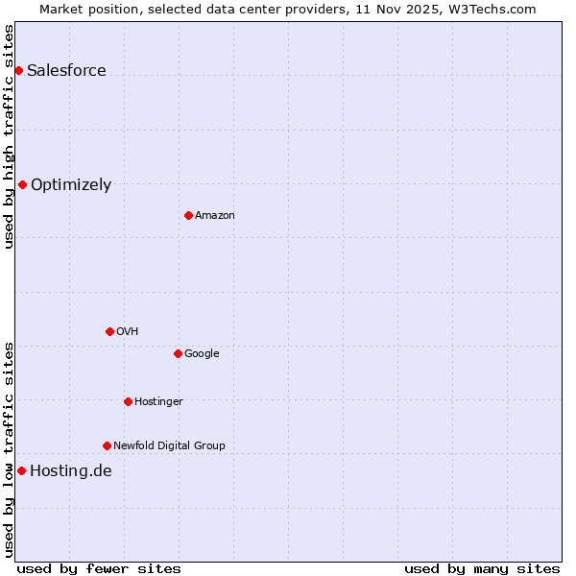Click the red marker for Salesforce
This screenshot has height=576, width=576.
(18, 71)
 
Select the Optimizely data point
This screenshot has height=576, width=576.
(22, 184)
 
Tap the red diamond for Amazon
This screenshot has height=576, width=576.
(188, 215)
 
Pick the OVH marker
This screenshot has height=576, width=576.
(109, 331)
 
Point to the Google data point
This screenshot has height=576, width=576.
(178, 353)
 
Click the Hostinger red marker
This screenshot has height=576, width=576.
(128, 401)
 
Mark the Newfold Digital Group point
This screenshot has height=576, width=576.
(107, 445)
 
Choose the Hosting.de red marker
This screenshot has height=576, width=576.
(21, 470)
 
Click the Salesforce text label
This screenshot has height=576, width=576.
(66, 71)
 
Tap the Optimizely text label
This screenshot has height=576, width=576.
(71, 185)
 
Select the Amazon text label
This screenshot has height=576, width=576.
(215, 216)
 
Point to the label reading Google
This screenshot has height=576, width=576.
(202, 354)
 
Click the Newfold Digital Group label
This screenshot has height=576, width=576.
(169, 445)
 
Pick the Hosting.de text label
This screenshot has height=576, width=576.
(71, 471)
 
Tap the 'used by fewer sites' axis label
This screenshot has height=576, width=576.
(99, 568)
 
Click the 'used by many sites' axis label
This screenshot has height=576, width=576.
(482, 568)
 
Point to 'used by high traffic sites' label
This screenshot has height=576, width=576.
(9, 136)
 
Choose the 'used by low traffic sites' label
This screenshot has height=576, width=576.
(9, 449)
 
